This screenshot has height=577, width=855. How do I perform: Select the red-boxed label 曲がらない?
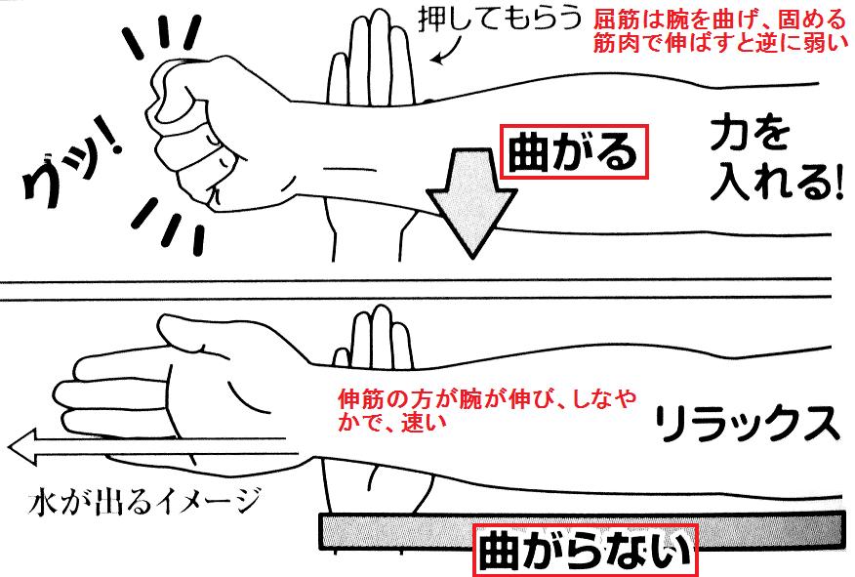[585, 552]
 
